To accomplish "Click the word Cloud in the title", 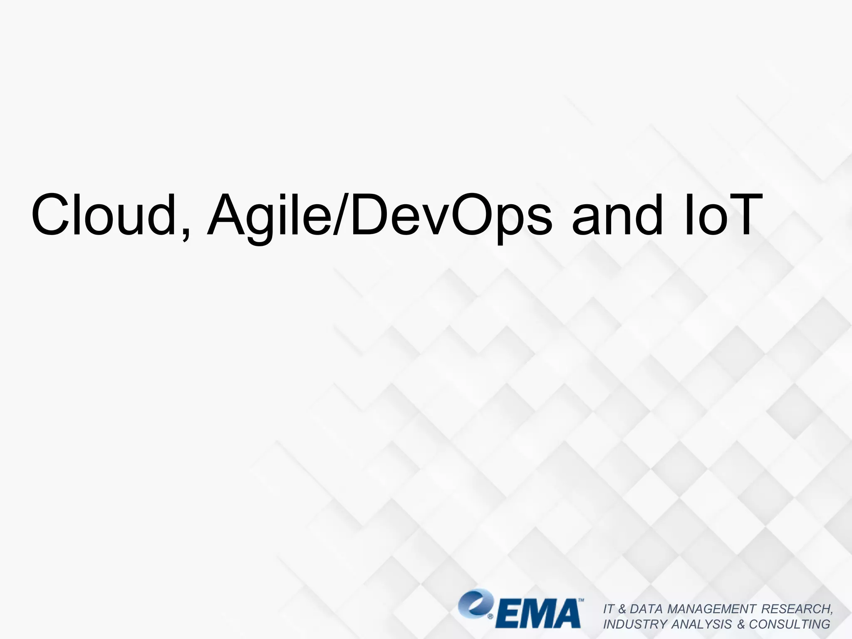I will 104,215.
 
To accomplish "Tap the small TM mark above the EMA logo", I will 581,601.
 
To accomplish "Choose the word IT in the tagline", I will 608,609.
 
